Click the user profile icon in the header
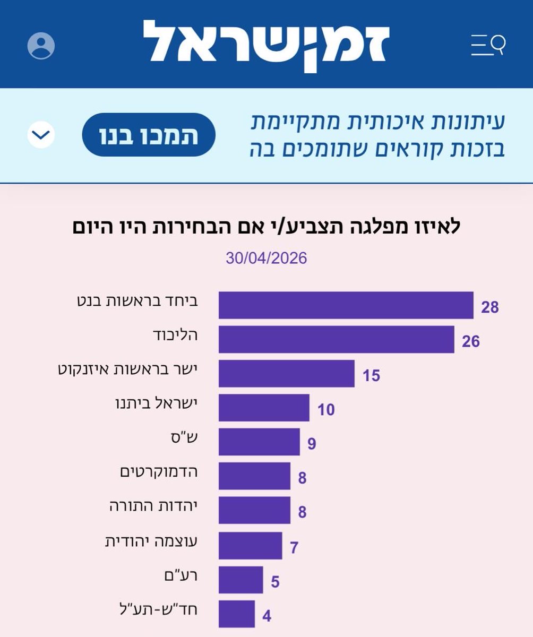41,46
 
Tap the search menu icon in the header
488,45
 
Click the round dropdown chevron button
41,135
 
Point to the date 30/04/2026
266,259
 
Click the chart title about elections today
266,227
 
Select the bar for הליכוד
336,340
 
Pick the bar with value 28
346,306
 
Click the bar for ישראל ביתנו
264,408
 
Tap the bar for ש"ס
259,442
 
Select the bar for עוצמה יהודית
250,545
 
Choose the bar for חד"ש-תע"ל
236,614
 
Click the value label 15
372,376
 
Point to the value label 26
470,341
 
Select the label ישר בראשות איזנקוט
127,369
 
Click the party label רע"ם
183,574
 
